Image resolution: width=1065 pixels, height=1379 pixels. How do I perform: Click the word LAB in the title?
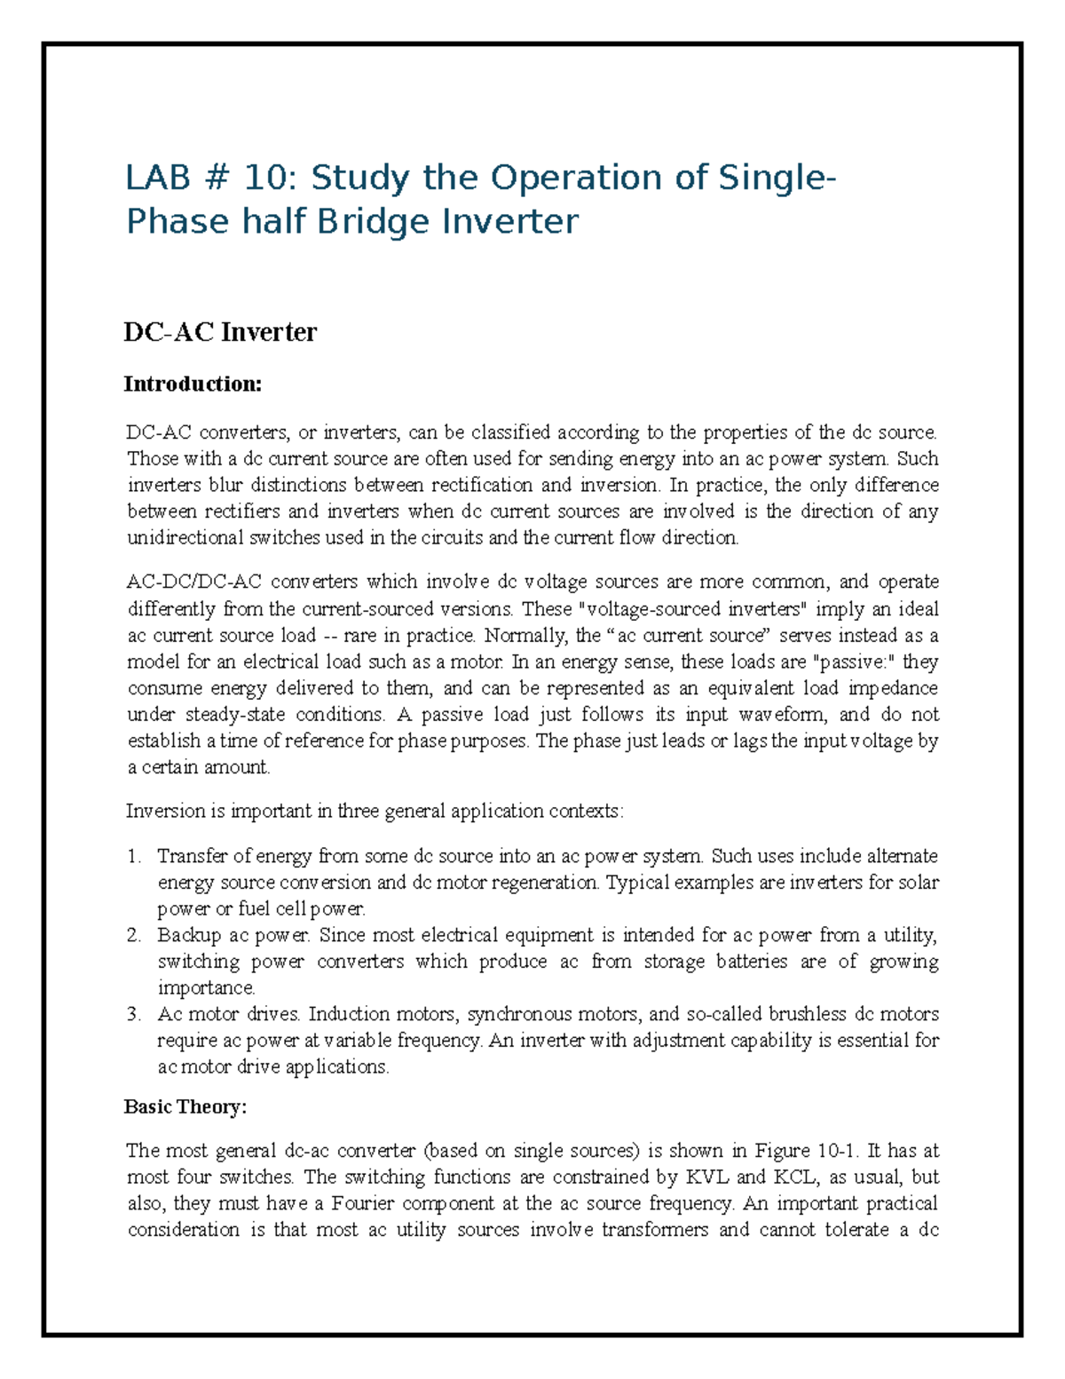(157, 178)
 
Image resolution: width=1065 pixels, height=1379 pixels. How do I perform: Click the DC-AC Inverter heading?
(220, 332)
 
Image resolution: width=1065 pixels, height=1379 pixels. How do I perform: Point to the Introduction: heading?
(193, 384)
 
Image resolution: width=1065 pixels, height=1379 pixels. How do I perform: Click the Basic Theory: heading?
(185, 1106)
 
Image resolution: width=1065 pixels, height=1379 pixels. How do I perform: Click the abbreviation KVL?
(705, 1177)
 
